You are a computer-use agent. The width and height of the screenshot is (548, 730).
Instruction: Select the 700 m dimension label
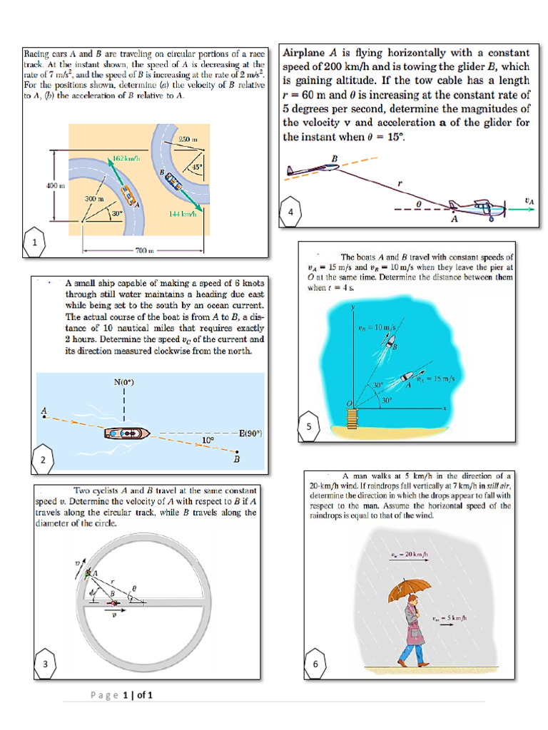pyautogui.click(x=144, y=252)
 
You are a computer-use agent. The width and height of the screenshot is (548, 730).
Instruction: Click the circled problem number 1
pyautogui.click(x=34, y=243)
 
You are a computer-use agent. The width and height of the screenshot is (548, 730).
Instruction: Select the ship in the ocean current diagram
pyautogui.click(x=127, y=433)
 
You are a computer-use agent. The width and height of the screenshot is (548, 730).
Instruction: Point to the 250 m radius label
pyautogui.click(x=188, y=138)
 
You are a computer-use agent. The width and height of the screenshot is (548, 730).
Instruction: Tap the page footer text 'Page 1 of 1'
pyautogui.click(x=123, y=694)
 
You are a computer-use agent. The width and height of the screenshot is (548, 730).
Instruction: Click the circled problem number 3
pyautogui.click(x=45, y=664)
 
